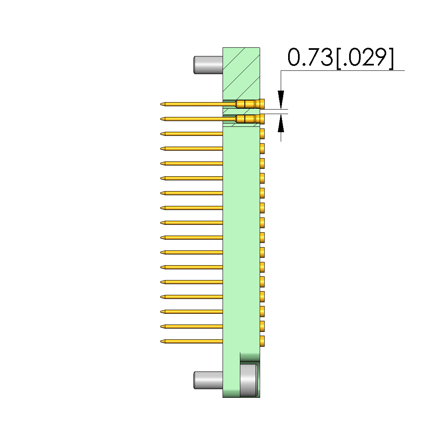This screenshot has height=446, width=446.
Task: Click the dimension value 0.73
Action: tap(310, 57)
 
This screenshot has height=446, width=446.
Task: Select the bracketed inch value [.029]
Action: tap(365, 58)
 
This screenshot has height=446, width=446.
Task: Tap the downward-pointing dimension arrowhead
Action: tap(281, 100)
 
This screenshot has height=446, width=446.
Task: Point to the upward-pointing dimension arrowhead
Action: tap(281, 123)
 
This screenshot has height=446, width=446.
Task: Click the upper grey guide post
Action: tap(208, 65)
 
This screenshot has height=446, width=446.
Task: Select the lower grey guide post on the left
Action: tap(208, 380)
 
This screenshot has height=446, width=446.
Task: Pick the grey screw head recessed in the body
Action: tap(249, 380)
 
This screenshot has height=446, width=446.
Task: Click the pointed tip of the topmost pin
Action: tap(161, 104)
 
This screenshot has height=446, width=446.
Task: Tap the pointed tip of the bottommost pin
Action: tap(161, 341)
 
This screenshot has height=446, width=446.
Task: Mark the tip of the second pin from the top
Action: tap(161, 119)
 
